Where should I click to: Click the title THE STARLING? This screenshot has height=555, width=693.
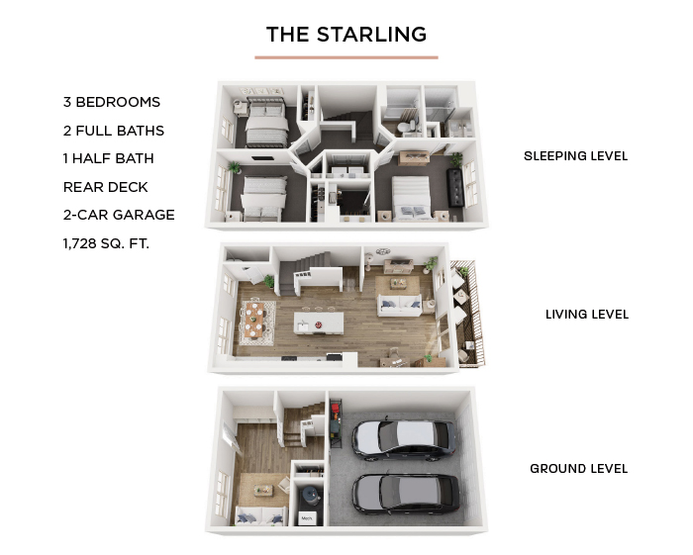pyautogui.click(x=346, y=35)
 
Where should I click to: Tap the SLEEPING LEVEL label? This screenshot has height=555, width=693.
pyautogui.click(x=575, y=156)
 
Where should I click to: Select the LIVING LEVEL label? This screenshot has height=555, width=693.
pyautogui.click(x=587, y=315)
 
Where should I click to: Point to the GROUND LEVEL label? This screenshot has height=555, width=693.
pyautogui.click(x=579, y=469)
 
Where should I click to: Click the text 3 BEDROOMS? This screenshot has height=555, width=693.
pyautogui.click(x=112, y=102)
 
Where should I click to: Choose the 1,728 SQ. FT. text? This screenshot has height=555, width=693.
pyautogui.click(x=106, y=243)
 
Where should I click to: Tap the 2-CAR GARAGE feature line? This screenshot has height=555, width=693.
pyautogui.click(x=119, y=215)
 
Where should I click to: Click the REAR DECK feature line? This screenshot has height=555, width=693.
pyautogui.click(x=106, y=187)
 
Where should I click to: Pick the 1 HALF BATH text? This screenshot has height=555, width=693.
pyautogui.click(x=109, y=158)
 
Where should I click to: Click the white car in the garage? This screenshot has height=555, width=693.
pyautogui.click(x=404, y=440)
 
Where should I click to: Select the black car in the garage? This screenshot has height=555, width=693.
pyautogui.click(x=406, y=495)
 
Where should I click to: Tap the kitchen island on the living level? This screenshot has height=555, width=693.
pyautogui.click(x=319, y=323)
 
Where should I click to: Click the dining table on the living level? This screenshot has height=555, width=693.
pyautogui.click(x=255, y=319)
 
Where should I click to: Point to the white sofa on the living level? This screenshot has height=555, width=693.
pyautogui.click(x=400, y=305)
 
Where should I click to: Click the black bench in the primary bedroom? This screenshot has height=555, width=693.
pyautogui.click(x=455, y=188)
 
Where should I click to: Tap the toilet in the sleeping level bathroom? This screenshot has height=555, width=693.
pyautogui.click(x=404, y=128)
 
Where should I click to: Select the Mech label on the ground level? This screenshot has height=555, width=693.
pyautogui.click(x=307, y=518)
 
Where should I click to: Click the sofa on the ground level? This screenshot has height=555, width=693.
pyautogui.click(x=259, y=515)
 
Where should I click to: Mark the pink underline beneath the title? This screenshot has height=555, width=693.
pyautogui.click(x=346, y=57)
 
